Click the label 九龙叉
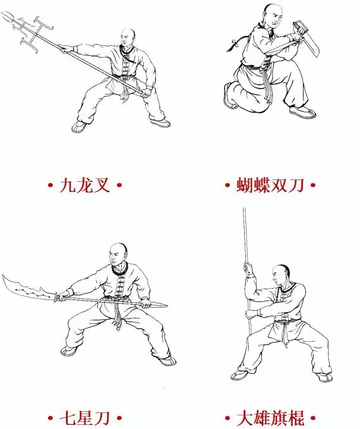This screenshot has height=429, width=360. coord(84,185)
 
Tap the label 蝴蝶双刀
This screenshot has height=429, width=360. coord(270,185)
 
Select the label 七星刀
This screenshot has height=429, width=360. coord(84,418)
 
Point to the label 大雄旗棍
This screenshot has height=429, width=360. coord(270,418)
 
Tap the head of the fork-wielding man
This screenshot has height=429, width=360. coord(128,37)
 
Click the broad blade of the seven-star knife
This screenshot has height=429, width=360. coord(27,289)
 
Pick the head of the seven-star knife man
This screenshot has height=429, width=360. coord(118,253)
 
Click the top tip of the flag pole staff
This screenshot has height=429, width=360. coord(244,208)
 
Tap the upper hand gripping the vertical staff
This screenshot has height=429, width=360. coord(248,269)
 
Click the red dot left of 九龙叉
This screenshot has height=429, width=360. coord(50,185)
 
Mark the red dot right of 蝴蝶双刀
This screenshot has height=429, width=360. coord(313,185)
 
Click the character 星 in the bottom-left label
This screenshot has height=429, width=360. coord(84,418)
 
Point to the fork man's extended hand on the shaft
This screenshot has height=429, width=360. coord(67,49)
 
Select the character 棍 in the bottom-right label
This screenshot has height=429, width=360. coord(296,418)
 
